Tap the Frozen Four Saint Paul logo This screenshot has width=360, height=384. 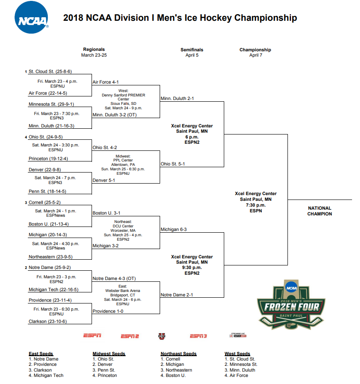[x=291, y=306]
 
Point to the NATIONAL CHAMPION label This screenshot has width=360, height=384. [x=319, y=211]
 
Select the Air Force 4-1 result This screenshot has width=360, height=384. [x=105, y=82]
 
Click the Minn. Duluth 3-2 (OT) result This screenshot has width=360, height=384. [x=115, y=115]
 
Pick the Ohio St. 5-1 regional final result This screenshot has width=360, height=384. [x=172, y=164]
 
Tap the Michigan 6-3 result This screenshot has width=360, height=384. [x=173, y=230]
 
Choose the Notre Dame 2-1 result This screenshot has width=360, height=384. [x=176, y=295]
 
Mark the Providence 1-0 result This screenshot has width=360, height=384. [x=107, y=311]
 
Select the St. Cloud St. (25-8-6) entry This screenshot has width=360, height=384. [x=50, y=72]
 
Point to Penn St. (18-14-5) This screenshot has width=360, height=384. [x=47, y=192]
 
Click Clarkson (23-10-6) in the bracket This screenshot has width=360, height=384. [x=48, y=322]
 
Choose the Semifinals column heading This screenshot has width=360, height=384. [x=192, y=50]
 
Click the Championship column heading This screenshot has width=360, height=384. [x=255, y=50]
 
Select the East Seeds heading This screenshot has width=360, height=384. [x=41, y=354]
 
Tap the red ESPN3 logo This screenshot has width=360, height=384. [x=198, y=336]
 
